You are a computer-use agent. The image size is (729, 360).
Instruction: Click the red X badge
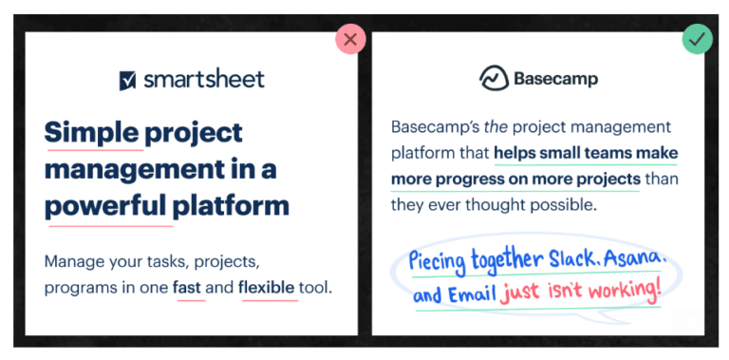pos(350,39)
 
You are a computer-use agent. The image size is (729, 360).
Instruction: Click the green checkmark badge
pos(697,39)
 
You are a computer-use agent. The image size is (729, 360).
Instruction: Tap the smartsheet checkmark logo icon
pos(128,80)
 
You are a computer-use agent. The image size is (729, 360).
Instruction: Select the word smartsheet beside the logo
pos(204,79)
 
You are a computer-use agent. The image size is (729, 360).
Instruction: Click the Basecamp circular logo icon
pos(493,79)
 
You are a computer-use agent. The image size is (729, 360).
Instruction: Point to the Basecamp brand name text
pos(555,79)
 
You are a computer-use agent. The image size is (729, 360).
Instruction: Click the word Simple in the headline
pos(92,132)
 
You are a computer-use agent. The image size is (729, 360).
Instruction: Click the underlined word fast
pos(189,286)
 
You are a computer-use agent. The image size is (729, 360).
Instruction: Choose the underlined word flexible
pos(269,286)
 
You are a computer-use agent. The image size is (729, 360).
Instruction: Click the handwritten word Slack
pos(580,260)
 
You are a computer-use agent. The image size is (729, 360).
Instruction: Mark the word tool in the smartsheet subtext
pos(317,286)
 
